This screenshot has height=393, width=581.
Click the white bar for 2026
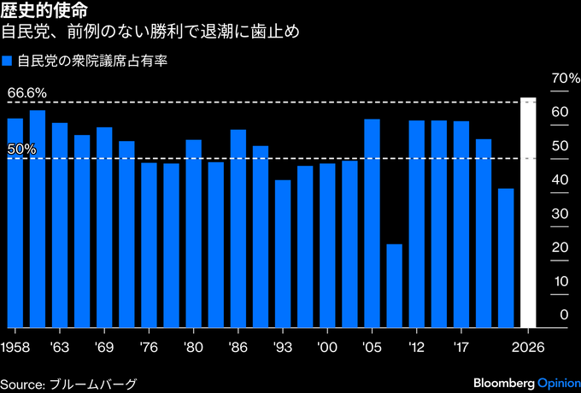click(528, 214)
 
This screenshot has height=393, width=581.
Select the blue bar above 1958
click(15, 222)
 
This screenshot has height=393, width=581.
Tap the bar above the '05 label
click(372, 222)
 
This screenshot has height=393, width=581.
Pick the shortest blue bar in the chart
click(394, 285)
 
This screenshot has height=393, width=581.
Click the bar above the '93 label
click(283, 253)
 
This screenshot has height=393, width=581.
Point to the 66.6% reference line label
click(26, 92)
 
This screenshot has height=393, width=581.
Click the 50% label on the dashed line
click(22, 149)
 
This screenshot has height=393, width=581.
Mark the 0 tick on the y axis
click(563, 315)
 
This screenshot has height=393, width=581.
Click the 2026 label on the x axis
click(528, 348)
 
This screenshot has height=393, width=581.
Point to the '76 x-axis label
click(149, 348)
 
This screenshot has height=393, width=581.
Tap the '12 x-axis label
click(416, 348)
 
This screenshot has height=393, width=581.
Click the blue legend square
click(8, 62)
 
